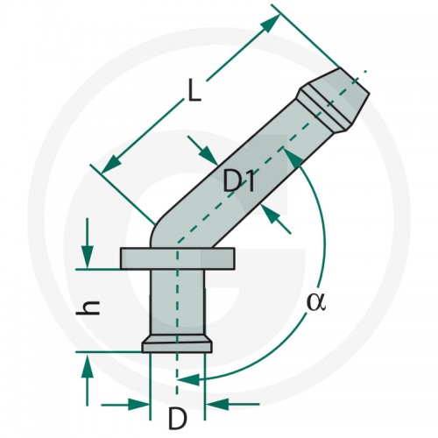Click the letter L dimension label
pyautogui.click(x=194, y=91)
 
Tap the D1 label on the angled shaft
pyautogui.click(x=238, y=180)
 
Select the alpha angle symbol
pyautogui.click(x=316, y=303)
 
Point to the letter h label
pyautogui.click(x=88, y=308)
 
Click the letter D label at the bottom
pyautogui.click(x=177, y=419)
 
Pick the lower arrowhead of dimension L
pyautogui.click(x=111, y=164)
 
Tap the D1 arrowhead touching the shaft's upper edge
pyautogui.click(x=208, y=156)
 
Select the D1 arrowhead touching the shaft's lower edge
pyautogui.click(x=272, y=214)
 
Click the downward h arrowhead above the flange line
pyautogui.click(x=88, y=257)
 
